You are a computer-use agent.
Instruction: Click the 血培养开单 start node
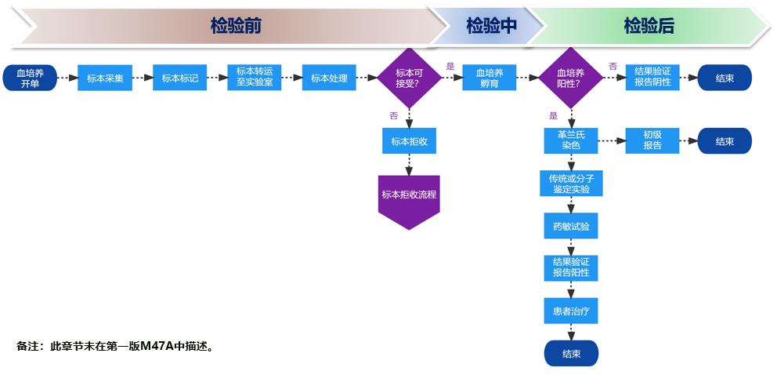(x=30, y=78)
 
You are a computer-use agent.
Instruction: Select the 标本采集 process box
(x=105, y=78)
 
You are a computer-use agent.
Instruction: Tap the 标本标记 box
(x=180, y=78)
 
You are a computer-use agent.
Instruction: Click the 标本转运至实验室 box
(x=255, y=77)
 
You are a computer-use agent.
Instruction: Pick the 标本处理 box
(x=329, y=78)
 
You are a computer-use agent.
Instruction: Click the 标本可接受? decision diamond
(x=409, y=78)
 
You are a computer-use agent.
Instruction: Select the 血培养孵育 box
(x=489, y=78)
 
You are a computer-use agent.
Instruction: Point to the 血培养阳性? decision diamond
(x=569, y=78)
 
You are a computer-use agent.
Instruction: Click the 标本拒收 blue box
(x=409, y=141)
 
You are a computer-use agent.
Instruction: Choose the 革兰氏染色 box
(x=571, y=140)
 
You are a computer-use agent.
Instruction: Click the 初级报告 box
(x=652, y=140)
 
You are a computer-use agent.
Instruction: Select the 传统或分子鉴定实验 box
(x=571, y=184)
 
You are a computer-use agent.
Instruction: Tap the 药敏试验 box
(x=571, y=227)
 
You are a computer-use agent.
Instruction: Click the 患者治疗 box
(x=571, y=311)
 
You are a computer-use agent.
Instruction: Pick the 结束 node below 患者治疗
(x=571, y=354)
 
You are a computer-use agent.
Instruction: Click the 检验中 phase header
(x=491, y=26)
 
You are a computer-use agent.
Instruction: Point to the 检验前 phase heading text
(x=235, y=26)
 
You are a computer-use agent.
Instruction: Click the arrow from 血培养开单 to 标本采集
(x=67, y=78)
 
